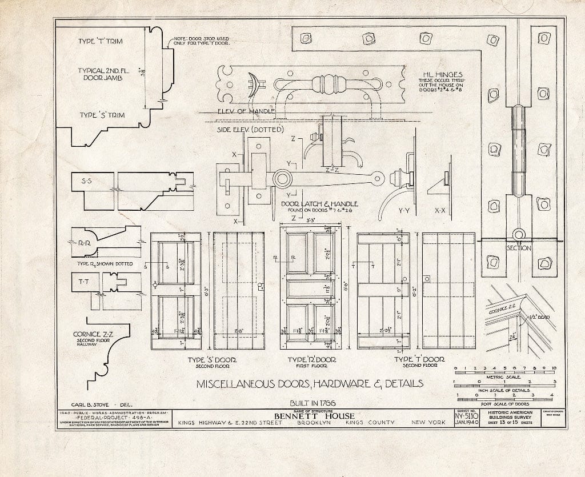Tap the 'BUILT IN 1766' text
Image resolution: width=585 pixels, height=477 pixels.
[311, 402]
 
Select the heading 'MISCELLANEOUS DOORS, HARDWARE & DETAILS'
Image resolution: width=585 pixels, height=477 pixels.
[310, 383]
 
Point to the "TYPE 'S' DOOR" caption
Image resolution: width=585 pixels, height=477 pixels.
[212, 360]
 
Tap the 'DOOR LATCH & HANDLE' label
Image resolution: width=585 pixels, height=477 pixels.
[319, 204]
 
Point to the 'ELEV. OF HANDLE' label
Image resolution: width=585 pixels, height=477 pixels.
[246, 111]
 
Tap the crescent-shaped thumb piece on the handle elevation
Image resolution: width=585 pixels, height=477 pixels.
[253, 85]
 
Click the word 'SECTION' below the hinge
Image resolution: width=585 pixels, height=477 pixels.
[519, 248]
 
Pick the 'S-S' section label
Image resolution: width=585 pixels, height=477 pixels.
[87, 181]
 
